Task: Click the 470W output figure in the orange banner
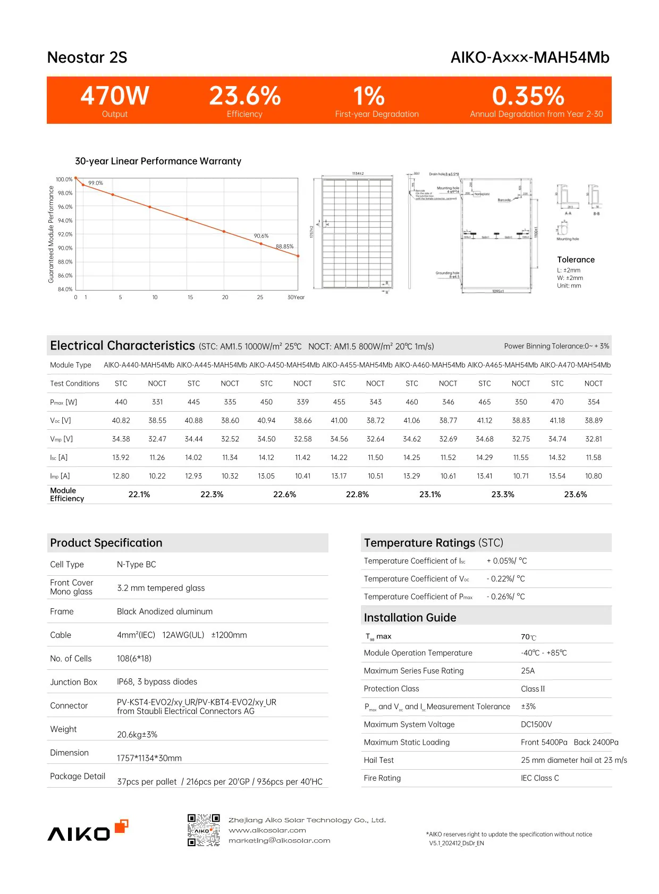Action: (115, 96)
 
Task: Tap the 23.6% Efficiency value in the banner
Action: (244, 96)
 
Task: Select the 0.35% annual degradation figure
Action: (528, 96)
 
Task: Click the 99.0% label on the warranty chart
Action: (96, 183)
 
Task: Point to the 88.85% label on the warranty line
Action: (284, 246)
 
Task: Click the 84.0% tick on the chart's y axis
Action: (65, 290)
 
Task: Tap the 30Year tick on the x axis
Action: (295, 297)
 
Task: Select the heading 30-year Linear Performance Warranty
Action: (158, 161)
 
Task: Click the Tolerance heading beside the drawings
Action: (576, 260)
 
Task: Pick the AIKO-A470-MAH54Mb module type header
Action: (575, 365)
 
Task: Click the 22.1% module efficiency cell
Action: (139, 495)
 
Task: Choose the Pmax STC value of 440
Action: (121, 402)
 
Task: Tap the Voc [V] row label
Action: (61, 421)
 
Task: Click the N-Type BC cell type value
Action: (137, 565)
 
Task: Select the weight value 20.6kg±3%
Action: (137, 735)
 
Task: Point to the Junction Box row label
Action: (73, 682)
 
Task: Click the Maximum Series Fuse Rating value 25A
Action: (528, 671)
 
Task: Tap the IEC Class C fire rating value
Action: (539, 778)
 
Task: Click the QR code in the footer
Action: (204, 830)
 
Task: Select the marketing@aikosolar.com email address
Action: (279, 841)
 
